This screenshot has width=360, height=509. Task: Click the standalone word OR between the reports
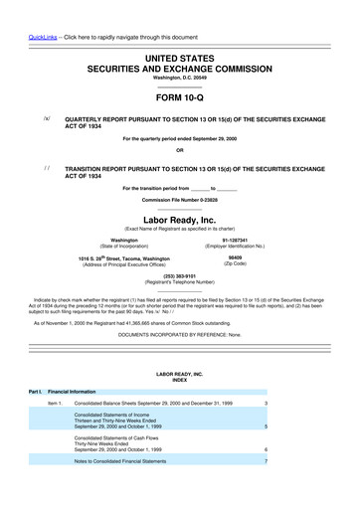coord(179,150)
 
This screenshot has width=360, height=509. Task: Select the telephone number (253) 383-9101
coord(179,275)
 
